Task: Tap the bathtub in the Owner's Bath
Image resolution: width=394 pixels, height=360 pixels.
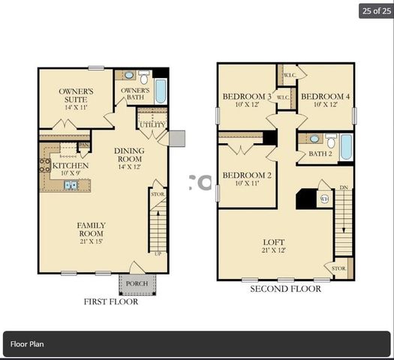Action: pos(161,90)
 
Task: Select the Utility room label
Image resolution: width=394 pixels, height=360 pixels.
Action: pos(152,124)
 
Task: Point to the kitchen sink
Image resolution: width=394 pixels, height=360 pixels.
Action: pos(71,184)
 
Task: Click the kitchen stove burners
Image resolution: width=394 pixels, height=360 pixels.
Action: pos(45,164)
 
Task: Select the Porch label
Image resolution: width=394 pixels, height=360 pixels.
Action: pos(137,283)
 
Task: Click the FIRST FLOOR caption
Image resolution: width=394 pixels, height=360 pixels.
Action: pos(110,301)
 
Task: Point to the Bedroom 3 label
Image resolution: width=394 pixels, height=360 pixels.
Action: pos(247,100)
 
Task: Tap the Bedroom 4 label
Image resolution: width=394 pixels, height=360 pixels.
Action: pos(325,100)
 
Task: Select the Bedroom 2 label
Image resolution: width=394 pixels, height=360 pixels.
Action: pos(246,180)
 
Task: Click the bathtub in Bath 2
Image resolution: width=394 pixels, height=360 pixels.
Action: pos(346,146)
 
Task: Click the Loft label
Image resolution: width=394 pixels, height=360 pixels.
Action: pos(273,246)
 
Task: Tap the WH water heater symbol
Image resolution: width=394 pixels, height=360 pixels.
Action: pos(324,199)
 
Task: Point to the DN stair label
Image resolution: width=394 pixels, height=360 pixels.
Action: pos(344,187)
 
